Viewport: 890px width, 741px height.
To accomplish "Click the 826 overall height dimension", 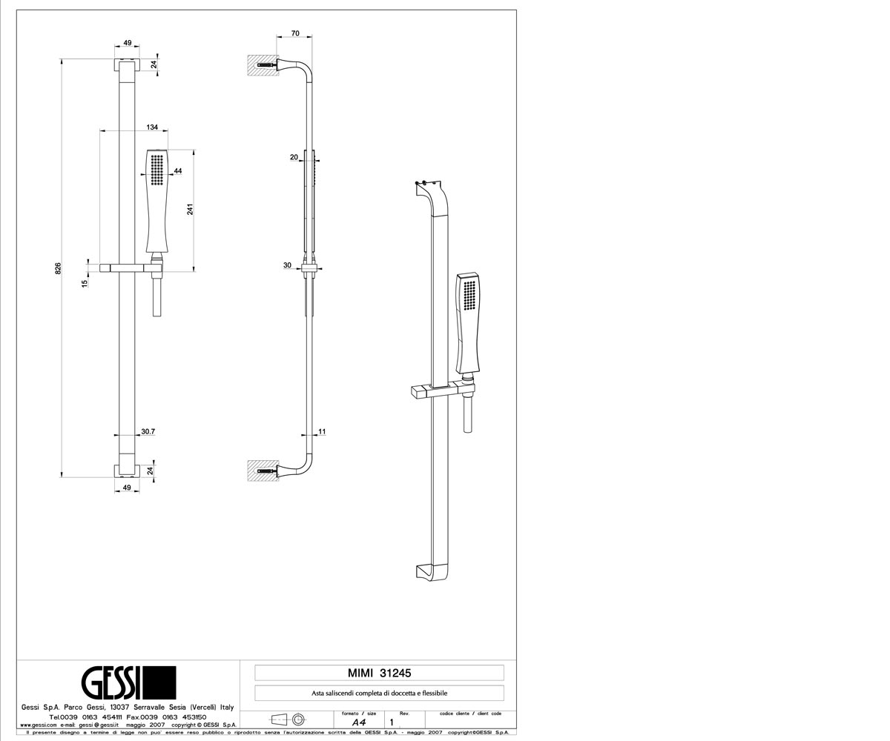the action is coord(59,269).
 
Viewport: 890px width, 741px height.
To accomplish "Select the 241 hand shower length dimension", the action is coord(190,209).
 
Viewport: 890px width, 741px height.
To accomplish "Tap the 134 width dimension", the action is coord(152,127).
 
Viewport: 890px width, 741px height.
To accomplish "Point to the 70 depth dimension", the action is coord(295,33).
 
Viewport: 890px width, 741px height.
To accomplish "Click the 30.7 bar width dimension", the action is coord(148,431).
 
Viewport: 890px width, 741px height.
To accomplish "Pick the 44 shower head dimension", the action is coord(178,170).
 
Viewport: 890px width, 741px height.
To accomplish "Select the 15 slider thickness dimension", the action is coord(85,282).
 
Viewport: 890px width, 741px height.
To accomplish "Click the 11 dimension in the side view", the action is coord(322,431).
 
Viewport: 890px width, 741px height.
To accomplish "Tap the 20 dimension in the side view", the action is coord(294,157).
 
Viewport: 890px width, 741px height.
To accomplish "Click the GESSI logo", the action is coord(128,682).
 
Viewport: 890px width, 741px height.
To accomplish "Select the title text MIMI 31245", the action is coord(379,673).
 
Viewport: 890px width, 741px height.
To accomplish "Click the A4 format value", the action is coord(359,722).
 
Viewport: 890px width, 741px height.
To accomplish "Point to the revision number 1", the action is coord(392,722).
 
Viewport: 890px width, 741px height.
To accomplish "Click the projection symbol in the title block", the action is coord(288,720).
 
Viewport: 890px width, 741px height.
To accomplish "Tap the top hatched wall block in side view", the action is coord(263,65).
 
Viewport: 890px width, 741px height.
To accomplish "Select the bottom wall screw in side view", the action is coord(267,471).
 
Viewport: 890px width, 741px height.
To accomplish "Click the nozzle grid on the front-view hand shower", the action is coord(157,170).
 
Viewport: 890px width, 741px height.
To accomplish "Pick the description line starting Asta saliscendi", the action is coord(379,694).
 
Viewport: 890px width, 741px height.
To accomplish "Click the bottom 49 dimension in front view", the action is coord(127,488).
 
